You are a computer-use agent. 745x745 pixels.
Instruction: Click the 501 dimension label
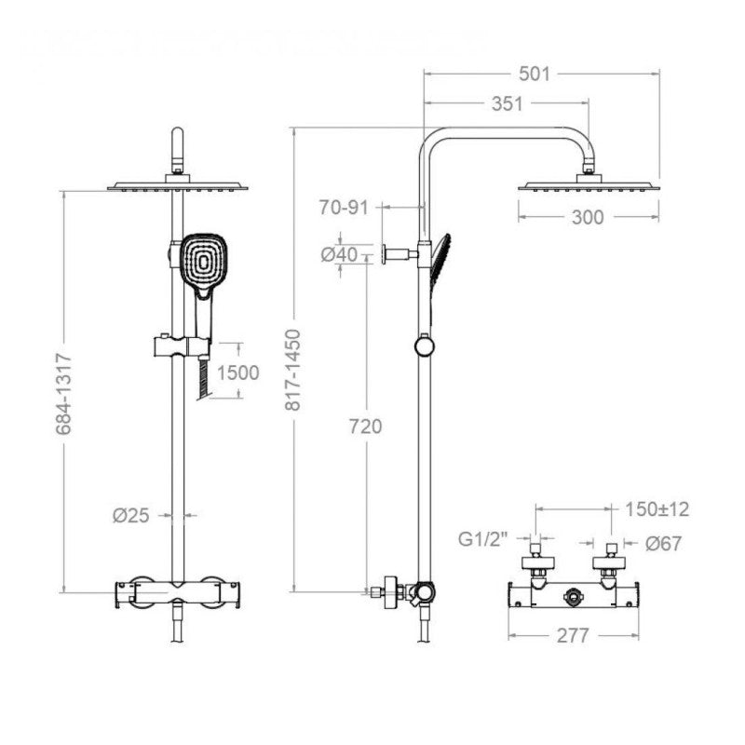point(534,74)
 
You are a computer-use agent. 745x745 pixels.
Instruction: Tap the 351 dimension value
point(507,103)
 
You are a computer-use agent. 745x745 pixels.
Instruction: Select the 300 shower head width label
point(588,217)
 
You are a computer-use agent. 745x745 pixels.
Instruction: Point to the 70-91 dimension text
point(344,207)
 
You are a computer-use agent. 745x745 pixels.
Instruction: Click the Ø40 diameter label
point(339,254)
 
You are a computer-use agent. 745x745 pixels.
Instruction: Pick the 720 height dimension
point(365,427)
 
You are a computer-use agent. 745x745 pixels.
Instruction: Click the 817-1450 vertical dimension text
point(292,370)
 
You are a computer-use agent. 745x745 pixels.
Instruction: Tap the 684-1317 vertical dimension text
point(63,394)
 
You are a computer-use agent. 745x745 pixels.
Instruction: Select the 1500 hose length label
point(238,373)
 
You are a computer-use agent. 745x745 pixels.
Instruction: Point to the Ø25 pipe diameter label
point(131,515)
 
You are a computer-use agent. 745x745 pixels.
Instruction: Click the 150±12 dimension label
point(657,509)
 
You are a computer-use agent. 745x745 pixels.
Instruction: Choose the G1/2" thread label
point(483,539)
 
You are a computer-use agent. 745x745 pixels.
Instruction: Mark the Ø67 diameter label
point(663,543)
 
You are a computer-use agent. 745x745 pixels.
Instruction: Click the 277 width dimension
point(573,635)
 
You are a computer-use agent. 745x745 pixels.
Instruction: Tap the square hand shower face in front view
point(204,261)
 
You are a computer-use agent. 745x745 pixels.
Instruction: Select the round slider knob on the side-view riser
point(424,345)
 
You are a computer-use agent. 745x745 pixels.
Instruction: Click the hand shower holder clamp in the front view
point(183,346)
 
